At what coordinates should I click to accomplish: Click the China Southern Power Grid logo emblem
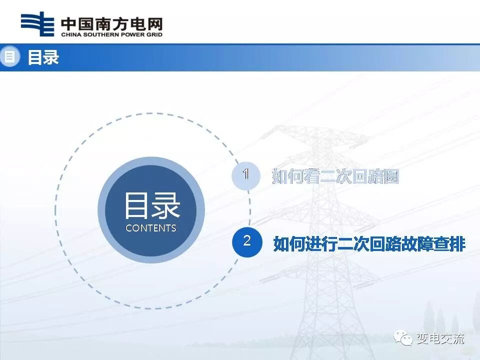(37, 24)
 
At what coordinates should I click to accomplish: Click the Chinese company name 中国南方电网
(111, 24)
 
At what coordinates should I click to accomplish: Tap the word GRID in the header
(153, 35)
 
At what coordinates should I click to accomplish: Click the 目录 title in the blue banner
(43, 57)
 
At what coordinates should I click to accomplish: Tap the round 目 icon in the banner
(8, 57)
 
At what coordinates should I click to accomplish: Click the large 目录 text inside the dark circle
(151, 205)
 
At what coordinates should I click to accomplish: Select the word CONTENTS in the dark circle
(151, 228)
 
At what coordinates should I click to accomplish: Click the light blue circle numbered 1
(246, 175)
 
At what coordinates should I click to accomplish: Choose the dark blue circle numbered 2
(246, 241)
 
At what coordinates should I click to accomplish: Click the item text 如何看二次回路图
(335, 176)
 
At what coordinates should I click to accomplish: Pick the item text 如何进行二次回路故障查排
(369, 243)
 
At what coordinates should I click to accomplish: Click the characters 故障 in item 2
(416, 243)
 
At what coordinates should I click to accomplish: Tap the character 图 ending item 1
(391, 176)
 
